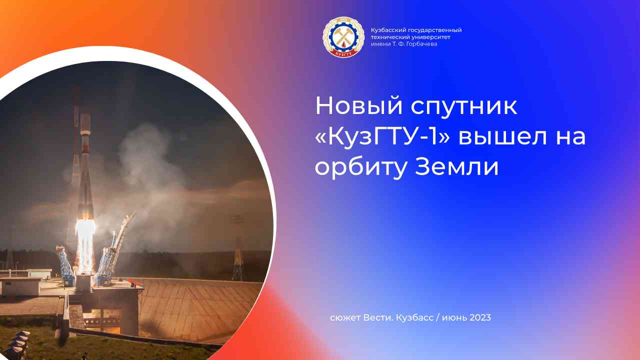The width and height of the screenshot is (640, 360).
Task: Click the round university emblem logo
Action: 342,37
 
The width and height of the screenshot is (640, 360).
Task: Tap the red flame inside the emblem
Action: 342,43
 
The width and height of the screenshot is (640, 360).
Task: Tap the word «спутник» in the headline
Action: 464,107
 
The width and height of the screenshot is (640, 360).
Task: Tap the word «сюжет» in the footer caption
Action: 344,318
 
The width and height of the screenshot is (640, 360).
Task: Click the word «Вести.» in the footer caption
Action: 377,318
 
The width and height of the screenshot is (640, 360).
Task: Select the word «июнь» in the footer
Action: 454,318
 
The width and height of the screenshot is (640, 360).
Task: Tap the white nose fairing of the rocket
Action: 85,122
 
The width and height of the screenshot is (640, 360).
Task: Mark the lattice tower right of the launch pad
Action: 238,250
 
